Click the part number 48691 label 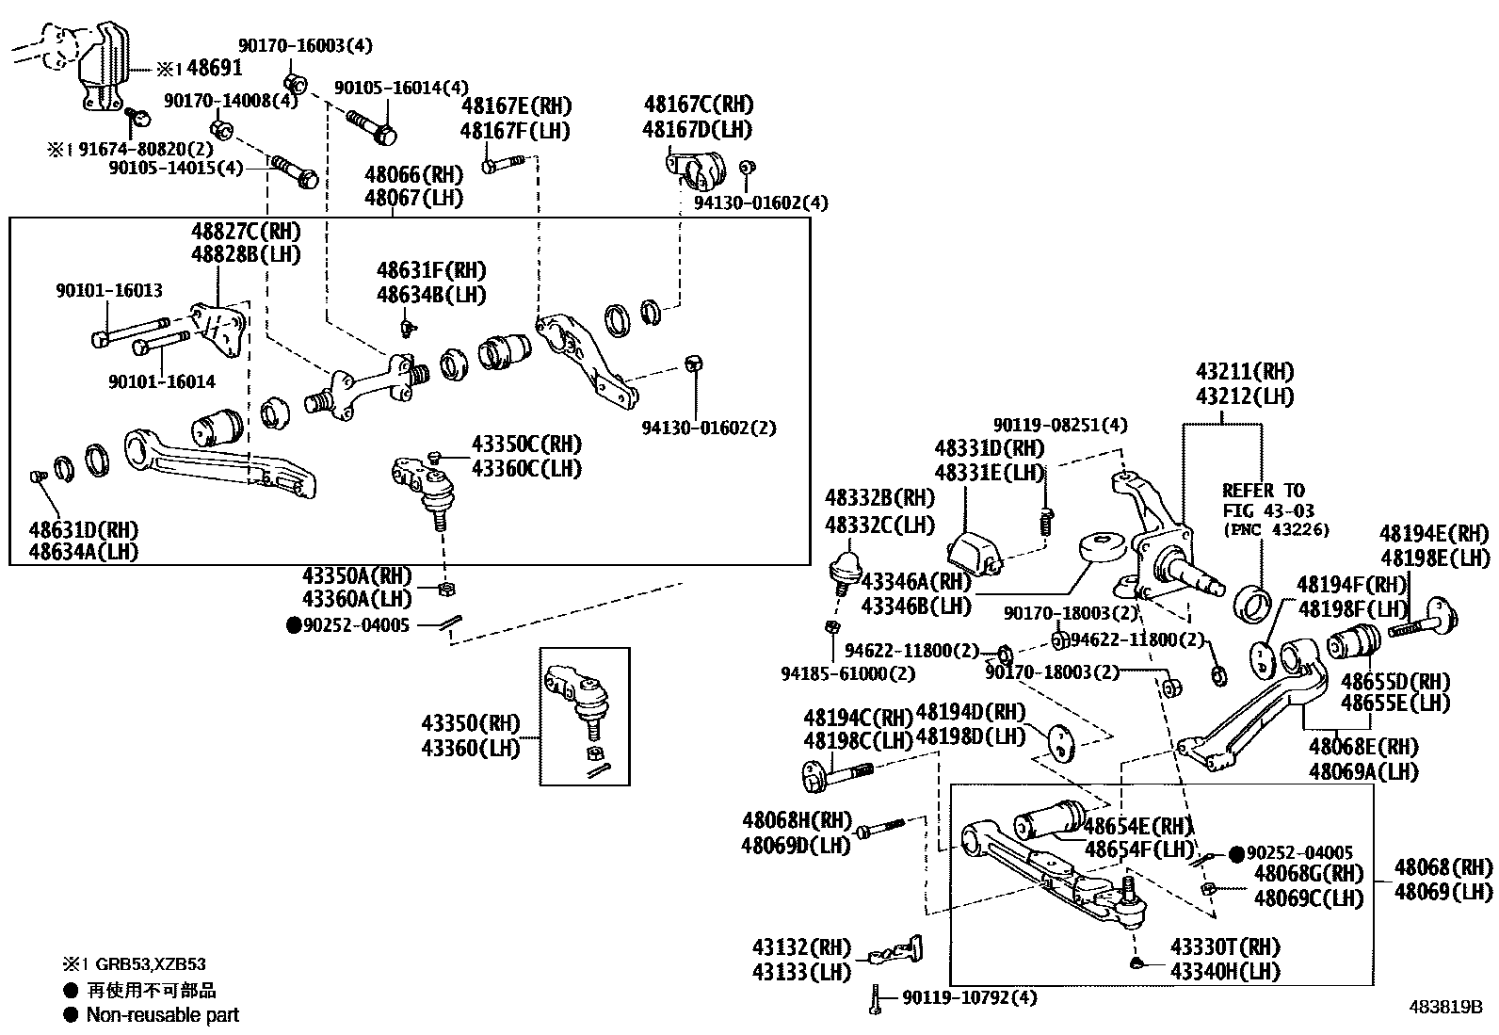click(x=214, y=68)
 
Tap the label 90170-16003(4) click(x=305, y=45)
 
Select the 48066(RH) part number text click(x=413, y=174)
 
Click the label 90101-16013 click(x=108, y=291)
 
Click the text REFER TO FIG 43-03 click(x=1264, y=500)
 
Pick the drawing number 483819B click(x=1445, y=1006)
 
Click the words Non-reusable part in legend click(x=162, y=1015)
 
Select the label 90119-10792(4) click(x=969, y=997)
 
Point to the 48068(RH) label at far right click(x=1443, y=867)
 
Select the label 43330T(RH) click(x=1225, y=947)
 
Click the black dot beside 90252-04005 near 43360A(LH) click(x=294, y=624)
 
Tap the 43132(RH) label click(x=801, y=947)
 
